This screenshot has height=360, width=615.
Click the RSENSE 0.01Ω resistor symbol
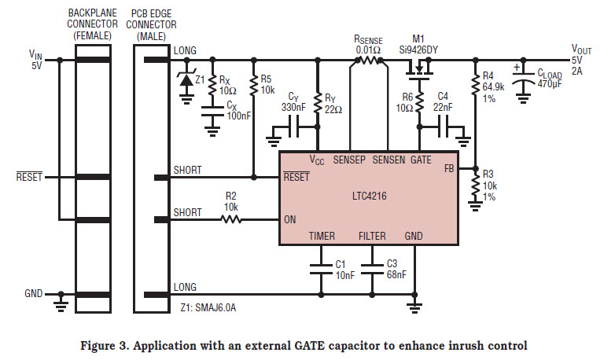click(x=368, y=60)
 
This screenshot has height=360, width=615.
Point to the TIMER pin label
click(x=322, y=236)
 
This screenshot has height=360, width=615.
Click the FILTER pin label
click(x=372, y=236)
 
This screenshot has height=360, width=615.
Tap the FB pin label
click(x=449, y=168)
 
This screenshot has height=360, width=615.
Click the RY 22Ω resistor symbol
click(x=318, y=102)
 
